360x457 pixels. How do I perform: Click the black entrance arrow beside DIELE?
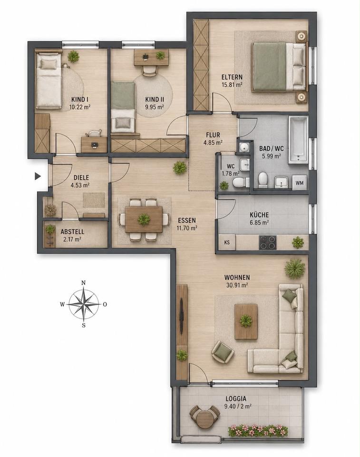click(38, 176)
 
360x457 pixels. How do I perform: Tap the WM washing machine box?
click(299, 183)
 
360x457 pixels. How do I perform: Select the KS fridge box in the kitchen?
click(227, 242)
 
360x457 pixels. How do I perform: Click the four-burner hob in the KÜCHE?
click(267, 242)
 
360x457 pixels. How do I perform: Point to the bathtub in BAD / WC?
click(298, 140)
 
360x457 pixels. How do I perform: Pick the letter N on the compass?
click(83, 282)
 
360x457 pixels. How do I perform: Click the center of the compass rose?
click(84, 304)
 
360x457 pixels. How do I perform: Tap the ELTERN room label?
click(232, 77)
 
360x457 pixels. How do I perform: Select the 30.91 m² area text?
click(237, 285)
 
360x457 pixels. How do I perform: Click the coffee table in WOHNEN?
click(246, 321)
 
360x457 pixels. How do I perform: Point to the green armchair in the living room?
click(223, 352)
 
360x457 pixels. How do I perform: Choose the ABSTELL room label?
click(72, 232)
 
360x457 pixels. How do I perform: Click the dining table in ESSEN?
click(144, 219)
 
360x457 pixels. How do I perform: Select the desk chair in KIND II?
click(149, 71)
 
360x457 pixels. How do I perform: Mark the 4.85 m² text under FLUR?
click(213, 142)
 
